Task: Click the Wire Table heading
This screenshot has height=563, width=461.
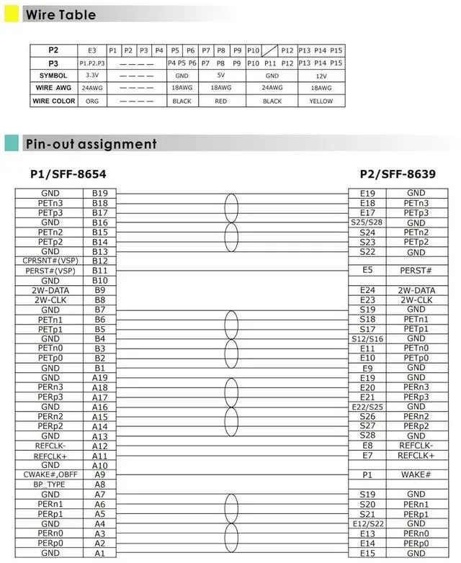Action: coord(61,14)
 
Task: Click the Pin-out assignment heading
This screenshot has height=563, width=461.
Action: coord(91,144)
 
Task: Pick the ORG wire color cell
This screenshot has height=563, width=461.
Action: coord(91,102)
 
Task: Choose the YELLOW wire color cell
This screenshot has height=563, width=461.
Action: coord(321,102)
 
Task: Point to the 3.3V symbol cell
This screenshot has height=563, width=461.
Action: coord(91,76)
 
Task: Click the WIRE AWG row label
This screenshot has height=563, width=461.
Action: coord(53,89)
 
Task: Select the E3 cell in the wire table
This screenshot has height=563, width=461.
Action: coord(91,50)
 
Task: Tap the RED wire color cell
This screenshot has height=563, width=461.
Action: coord(221,102)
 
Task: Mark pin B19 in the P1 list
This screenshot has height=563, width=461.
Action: coord(99,194)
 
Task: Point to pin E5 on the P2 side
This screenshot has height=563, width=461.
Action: coord(367,271)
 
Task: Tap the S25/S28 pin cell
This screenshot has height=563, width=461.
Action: coord(367,222)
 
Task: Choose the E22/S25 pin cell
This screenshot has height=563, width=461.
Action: coord(367,407)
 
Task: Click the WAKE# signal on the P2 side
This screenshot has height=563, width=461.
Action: coord(416,475)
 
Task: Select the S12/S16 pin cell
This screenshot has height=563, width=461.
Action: coord(367,339)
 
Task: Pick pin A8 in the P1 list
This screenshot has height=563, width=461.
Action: coord(99,485)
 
